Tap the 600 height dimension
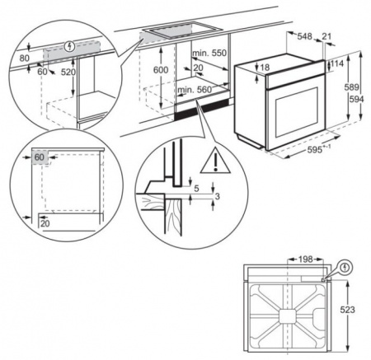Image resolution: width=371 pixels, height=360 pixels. [x=161, y=71]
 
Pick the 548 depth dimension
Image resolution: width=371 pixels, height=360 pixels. [x=305, y=37]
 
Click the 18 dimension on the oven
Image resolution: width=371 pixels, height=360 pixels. [x=265, y=68]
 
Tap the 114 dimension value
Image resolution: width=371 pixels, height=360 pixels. [x=339, y=64]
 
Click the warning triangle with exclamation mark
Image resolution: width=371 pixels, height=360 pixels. [x=217, y=158]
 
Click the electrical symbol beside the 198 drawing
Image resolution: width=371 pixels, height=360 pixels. [x=344, y=266]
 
